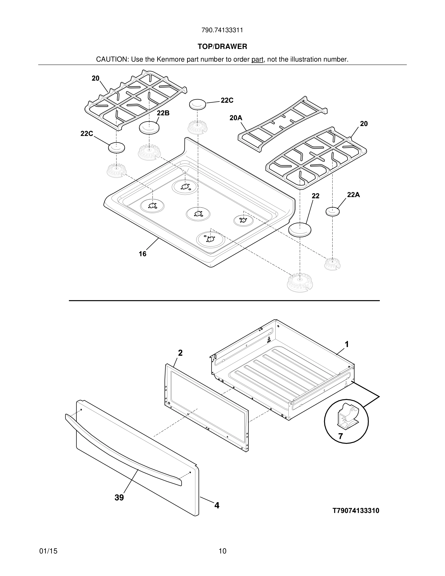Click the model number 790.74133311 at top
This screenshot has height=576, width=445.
pos(222,30)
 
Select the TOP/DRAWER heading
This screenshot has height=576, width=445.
pos(222,47)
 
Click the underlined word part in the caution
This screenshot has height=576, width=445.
pos(257,60)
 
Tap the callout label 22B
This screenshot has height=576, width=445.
pos(163,113)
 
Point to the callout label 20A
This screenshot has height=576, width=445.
pos(236,118)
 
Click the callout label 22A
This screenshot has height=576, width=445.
pos(353,195)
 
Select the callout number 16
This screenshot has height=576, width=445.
pos(142,254)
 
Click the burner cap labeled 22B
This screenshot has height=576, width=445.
pos(149,128)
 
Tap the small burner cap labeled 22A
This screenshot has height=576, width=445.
pos(333,211)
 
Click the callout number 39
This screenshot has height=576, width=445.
pos(119,498)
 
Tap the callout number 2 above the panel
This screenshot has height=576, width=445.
pos(180,353)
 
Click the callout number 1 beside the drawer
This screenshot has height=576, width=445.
pos(347,344)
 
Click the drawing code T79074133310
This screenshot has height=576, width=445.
pos(356,511)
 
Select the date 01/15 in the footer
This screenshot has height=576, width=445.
pos(48,551)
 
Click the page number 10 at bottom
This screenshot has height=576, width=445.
pos(222,551)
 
